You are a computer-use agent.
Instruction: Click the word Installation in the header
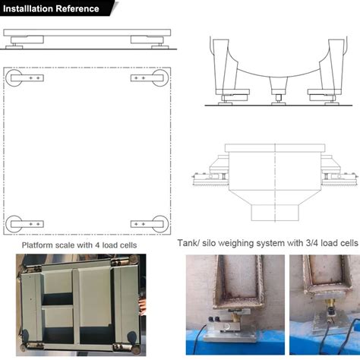pyautogui.click(x=30, y=8)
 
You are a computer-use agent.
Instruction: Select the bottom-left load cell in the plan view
pyautogui.click(x=27, y=224)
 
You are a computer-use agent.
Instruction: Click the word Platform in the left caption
pyautogui.click(x=38, y=245)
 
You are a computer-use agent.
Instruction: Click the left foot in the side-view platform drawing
pyautogui.click(x=15, y=45)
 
